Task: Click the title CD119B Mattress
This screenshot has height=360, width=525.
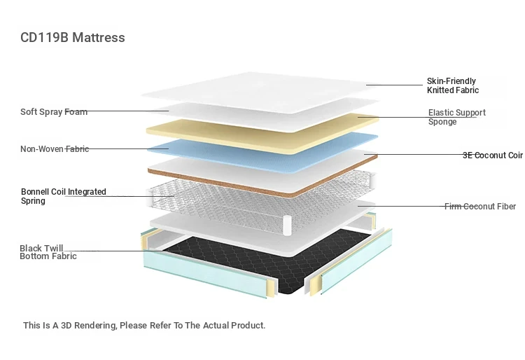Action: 73,38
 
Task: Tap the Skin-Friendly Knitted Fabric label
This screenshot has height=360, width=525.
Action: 453,85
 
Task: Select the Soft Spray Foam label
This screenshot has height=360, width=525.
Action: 54,111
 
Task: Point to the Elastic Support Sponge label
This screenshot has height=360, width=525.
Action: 456,117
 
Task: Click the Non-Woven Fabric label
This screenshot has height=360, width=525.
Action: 55,148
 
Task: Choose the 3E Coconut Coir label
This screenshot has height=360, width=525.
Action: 493,155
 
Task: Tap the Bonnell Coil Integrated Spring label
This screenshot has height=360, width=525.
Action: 64,196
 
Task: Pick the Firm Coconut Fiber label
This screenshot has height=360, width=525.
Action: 480,207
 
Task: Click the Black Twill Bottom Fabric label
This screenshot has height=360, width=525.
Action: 48,252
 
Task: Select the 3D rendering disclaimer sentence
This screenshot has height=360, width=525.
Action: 144,325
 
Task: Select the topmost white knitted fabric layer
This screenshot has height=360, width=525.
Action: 261,91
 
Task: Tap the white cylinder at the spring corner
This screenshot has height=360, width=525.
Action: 288,226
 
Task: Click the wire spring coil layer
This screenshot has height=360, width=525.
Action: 261,201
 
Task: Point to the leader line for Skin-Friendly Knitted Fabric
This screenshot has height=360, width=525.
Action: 394,85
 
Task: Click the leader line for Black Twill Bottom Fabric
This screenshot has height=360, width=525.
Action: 123,251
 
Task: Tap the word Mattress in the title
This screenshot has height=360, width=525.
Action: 99,38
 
